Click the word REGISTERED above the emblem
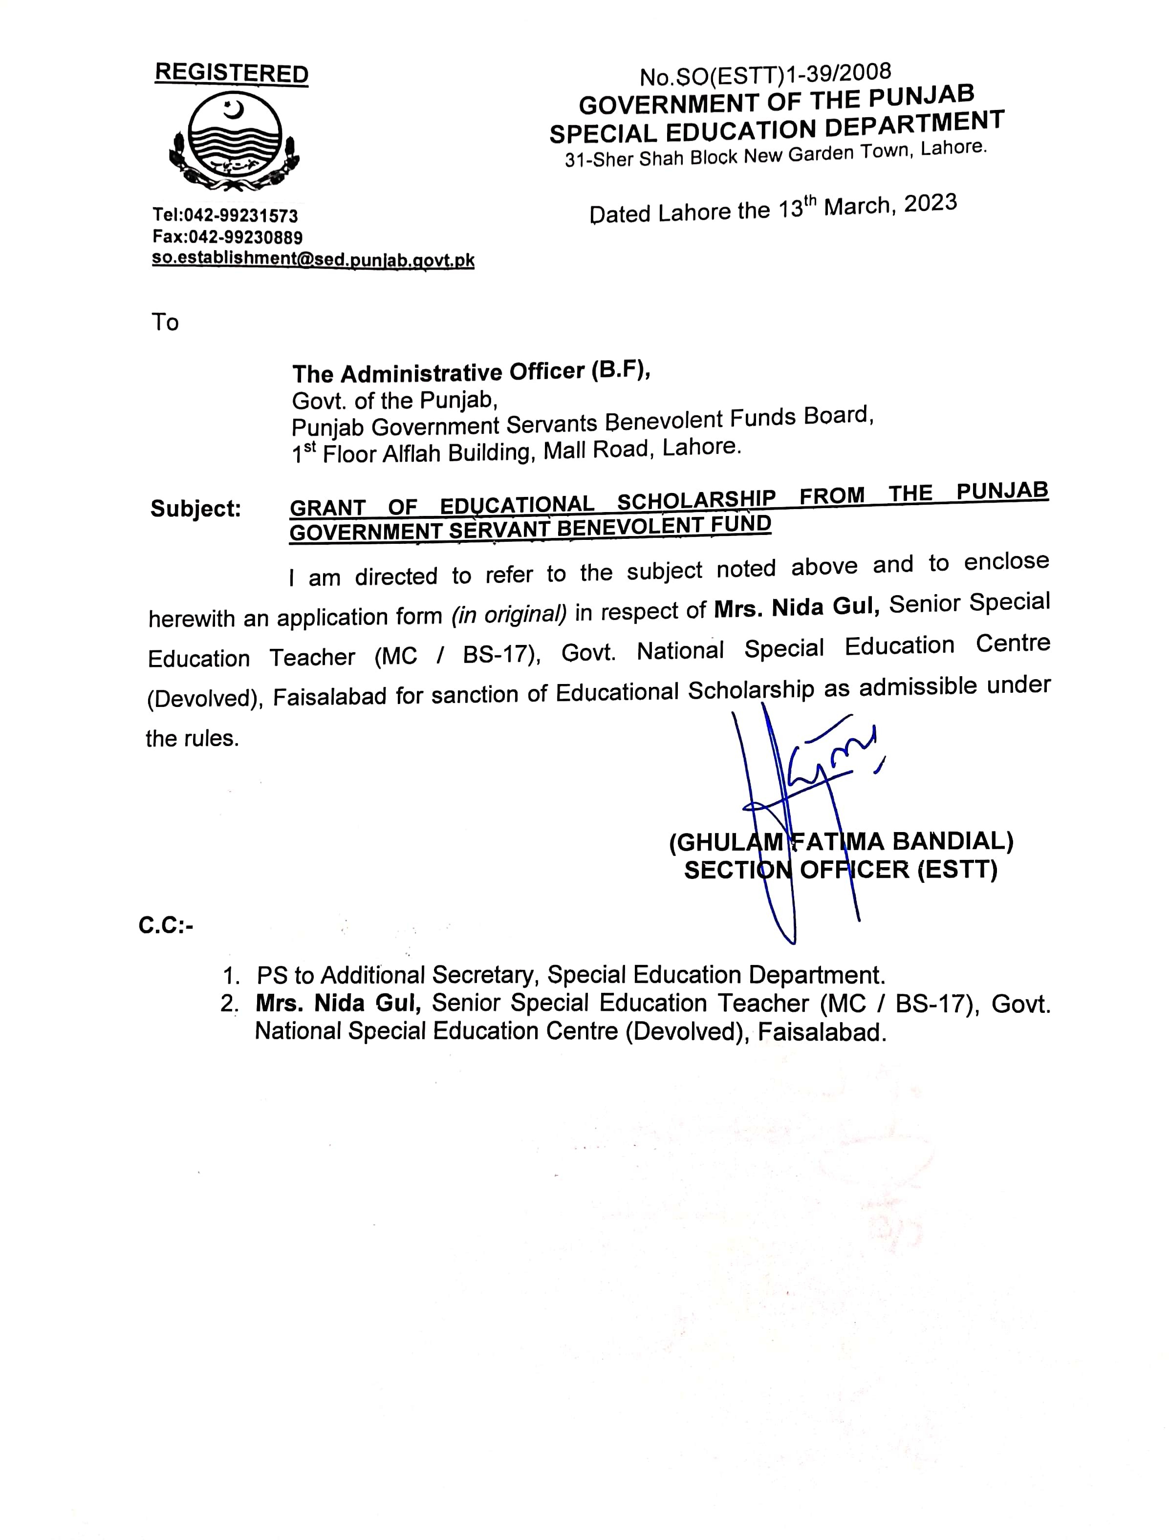point(231,73)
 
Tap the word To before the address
point(165,322)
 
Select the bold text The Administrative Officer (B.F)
point(471,372)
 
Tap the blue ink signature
point(801,801)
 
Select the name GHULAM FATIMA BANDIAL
point(841,842)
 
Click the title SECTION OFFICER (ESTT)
point(841,870)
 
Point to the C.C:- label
point(166,925)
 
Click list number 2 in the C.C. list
point(229,1004)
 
